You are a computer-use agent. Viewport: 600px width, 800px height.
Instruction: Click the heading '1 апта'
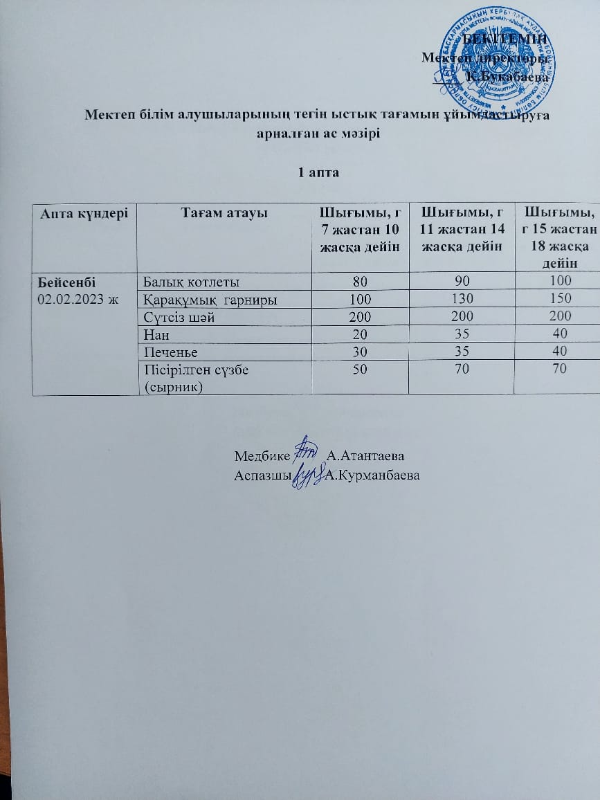[x=318, y=172]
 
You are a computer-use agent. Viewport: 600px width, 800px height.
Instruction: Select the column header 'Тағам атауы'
[x=224, y=214]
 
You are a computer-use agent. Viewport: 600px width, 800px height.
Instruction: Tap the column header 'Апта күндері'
[x=84, y=214]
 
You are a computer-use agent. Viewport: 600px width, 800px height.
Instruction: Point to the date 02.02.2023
[x=76, y=298]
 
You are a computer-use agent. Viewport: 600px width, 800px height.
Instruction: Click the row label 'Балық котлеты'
[x=192, y=282]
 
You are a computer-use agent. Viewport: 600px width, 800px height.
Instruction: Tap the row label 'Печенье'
[x=170, y=351]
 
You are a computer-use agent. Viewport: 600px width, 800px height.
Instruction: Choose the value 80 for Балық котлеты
[x=360, y=281]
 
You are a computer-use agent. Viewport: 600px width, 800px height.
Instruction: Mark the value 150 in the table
[x=558, y=298]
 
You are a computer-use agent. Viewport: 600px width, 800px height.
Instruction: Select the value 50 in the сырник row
[x=360, y=369]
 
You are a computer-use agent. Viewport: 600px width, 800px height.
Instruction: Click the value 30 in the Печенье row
[x=360, y=351]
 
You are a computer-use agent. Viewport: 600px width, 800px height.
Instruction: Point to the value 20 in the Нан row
[x=360, y=334]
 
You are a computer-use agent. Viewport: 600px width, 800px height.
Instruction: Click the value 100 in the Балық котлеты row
[x=558, y=280]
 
